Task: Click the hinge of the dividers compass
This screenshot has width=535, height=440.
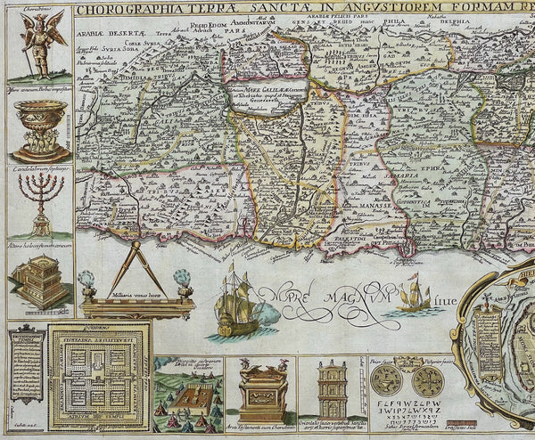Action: (136, 247)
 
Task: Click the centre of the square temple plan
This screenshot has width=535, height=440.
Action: (99, 379)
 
